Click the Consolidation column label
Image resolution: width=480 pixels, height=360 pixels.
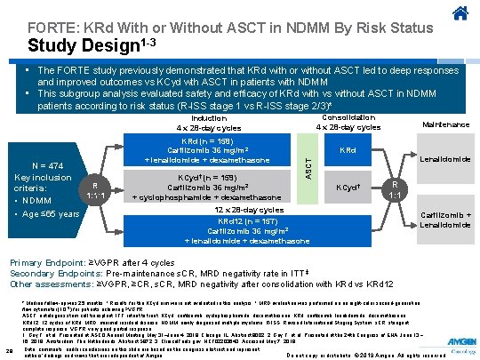click(x=348, y=122)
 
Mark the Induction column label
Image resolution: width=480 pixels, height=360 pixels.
click(x=209, y=122)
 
